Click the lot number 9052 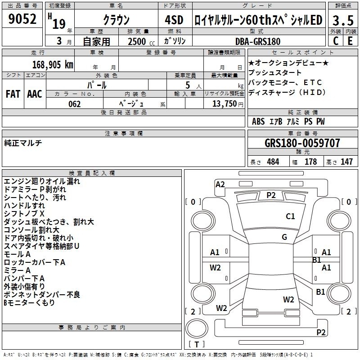pos(22,19)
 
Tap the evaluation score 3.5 pos(342,21)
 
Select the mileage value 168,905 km pos(53,64)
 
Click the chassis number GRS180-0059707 pos(302,143)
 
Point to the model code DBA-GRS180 pos(258,41)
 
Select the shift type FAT pos(13,94)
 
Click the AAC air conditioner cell pos(35,94)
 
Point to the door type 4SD pos(175,20)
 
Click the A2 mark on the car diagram pos(220,184)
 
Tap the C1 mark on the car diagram pos(290,216)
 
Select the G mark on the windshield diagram pos(284,237)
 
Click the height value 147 pos(346,162)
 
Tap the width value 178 pos(310,162)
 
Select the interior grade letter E pos(350,40)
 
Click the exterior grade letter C pos(335,40)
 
